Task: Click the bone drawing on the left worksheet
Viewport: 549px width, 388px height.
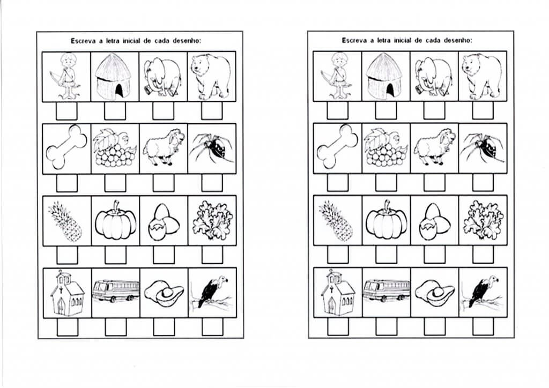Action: (x=66, y=147)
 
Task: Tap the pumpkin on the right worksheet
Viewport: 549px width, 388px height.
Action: (x=386, y=220)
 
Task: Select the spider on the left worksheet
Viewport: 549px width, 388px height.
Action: (x=212, y=148)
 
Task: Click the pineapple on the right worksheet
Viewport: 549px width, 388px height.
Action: (x=336, y=221)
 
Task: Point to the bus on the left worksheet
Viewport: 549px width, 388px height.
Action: (x=116, y=291)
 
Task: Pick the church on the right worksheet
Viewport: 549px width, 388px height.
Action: (x=338, y=293)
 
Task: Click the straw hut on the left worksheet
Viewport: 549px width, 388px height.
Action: (x=114, y=77)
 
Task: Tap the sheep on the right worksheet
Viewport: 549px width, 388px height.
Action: (x=434, y=147)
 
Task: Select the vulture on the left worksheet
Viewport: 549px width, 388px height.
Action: (x=210, y=292)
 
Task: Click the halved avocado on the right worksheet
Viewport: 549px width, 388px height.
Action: (x=434, y=294)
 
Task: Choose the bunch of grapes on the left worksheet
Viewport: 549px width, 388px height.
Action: (x=114, y=148)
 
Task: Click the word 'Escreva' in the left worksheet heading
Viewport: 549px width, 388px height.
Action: (x=83, y=41)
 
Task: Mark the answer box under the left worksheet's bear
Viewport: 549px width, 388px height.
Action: (x=212, y=110)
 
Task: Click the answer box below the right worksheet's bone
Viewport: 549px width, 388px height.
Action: (x=338, y=182)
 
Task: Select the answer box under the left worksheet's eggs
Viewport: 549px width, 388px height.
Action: (x=164, y=255)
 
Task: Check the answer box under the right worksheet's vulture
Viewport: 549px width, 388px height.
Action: (x=483, y=326)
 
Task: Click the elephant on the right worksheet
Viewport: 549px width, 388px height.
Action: (x=434, y=77)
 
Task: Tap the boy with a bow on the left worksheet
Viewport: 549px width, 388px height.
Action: (x=66, y=76)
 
